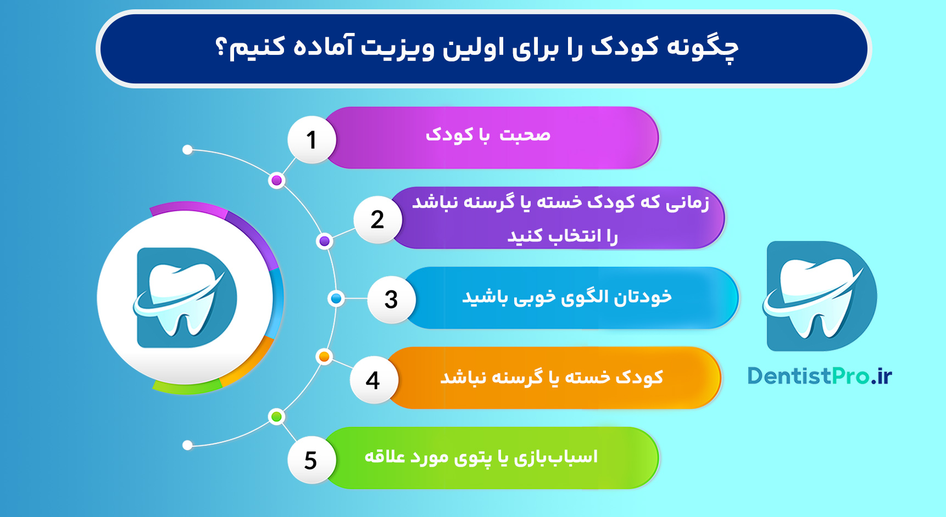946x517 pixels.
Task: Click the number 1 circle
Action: pos(311,139)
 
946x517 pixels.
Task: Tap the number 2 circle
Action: pos(377,220)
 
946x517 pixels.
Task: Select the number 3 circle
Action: pos(391,300)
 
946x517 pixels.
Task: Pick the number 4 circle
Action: pos(373,380)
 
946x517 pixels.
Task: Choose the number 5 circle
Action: pos(311,460)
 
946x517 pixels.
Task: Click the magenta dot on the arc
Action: pos(277,180)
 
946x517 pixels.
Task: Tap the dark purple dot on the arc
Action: pos(325,241)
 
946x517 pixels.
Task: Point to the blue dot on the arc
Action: pos(336,299)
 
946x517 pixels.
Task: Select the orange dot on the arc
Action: pos(324,357)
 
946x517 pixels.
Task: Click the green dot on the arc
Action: pos(277,417)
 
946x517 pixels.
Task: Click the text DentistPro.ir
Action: pos(820,376)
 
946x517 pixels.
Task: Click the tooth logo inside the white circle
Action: pos(186,297)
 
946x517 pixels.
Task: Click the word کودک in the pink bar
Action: pos(449,135)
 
